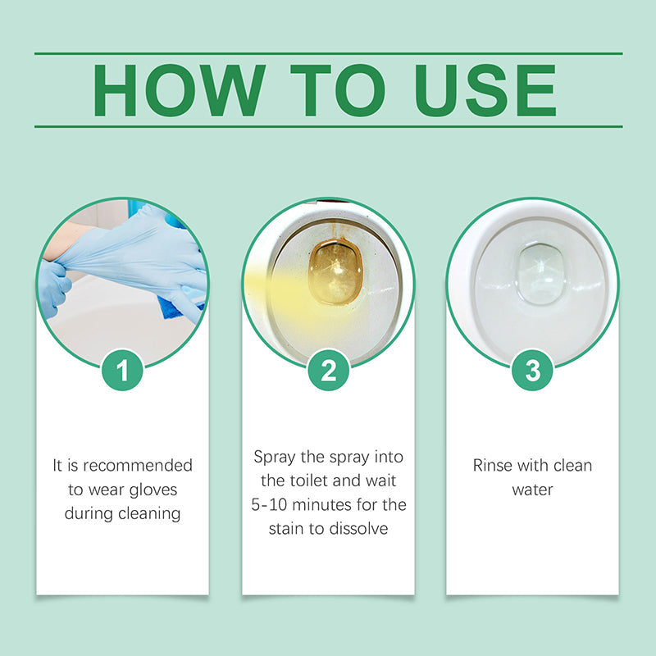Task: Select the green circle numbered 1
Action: pyautogui.click(x=122, y=371)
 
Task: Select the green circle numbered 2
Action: pyautogui.click(x=328, y=371)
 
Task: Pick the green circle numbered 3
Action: pyautogui.click(x=532, y=371)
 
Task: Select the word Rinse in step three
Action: pyautogui.click(x=493, y=466)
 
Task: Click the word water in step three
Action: pyautogui.click(x=532, y=490)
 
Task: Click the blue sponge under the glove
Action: pyautogui.click(x=170, y=307)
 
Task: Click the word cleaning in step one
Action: pyautogui.click(x=151, y=513)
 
